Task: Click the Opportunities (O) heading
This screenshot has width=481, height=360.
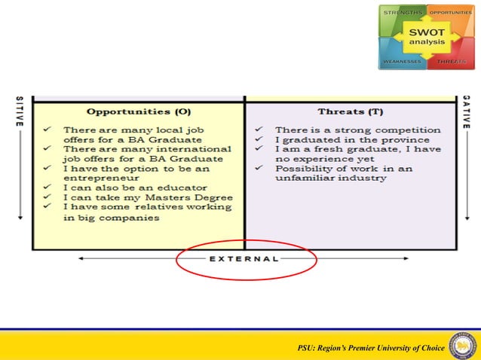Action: (139, 111)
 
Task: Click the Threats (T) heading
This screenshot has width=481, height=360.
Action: (351, 111)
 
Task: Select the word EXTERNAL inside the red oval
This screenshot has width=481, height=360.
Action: (244, 258)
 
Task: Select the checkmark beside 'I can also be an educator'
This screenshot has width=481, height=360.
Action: (47, 188)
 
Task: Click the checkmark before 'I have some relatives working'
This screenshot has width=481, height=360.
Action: (47, 207)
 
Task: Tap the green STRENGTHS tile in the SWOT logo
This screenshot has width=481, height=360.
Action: (402, 19)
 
